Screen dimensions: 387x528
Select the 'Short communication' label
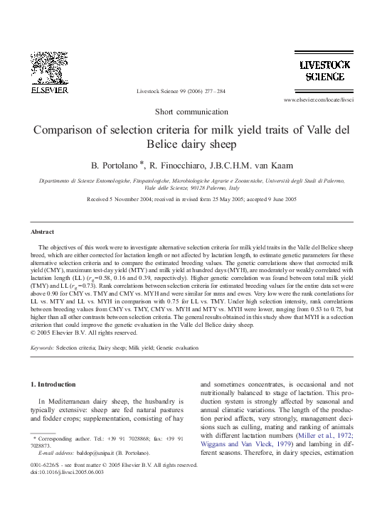tap(193, 112)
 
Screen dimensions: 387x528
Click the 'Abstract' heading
tap(43, 232)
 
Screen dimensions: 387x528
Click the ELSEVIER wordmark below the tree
tap(49, 91)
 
